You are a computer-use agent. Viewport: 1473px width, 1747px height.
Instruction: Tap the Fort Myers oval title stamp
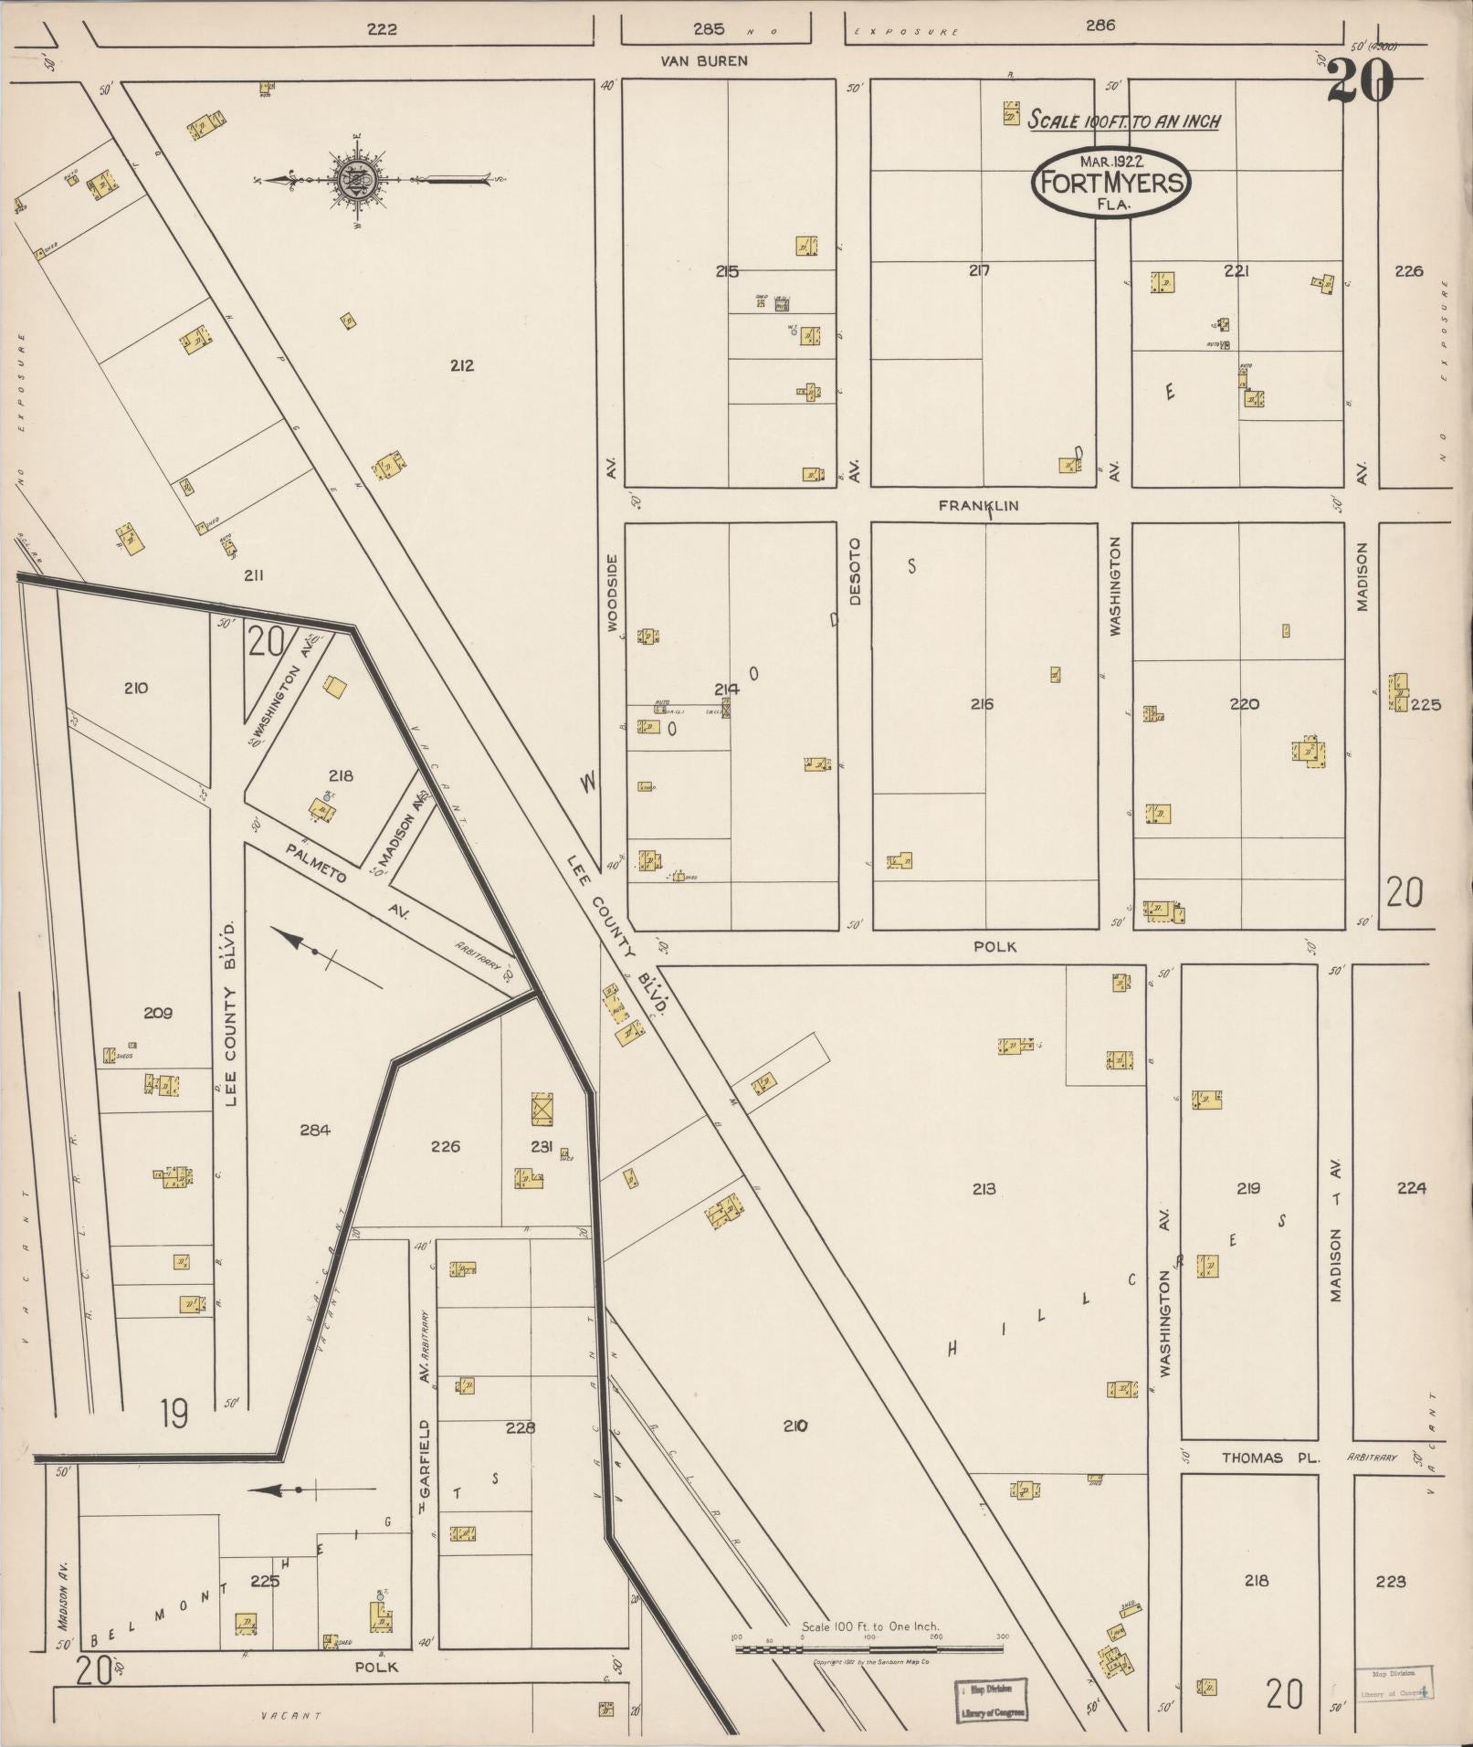click(x=1110, y=183)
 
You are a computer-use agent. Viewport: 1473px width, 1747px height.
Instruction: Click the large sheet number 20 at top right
click(x=1360, y=81)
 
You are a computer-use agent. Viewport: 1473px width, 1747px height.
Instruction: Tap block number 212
click(x=461, y=365)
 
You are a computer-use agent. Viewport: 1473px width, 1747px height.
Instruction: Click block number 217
click(x=979, y=270)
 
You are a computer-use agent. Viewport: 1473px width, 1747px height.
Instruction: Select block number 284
click(x=314, y=1130)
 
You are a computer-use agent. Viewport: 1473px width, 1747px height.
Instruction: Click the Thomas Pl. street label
click(x=1270, y=1458)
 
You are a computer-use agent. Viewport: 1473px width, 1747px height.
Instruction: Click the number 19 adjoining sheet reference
click(x=174, y=1413)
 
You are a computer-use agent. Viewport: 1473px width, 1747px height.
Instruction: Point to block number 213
click(x=984, y=1189)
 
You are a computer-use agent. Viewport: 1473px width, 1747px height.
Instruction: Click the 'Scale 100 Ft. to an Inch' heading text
click(x=1124, y=121)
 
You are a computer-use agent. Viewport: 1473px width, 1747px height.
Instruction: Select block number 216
click(x=982, y=704)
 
